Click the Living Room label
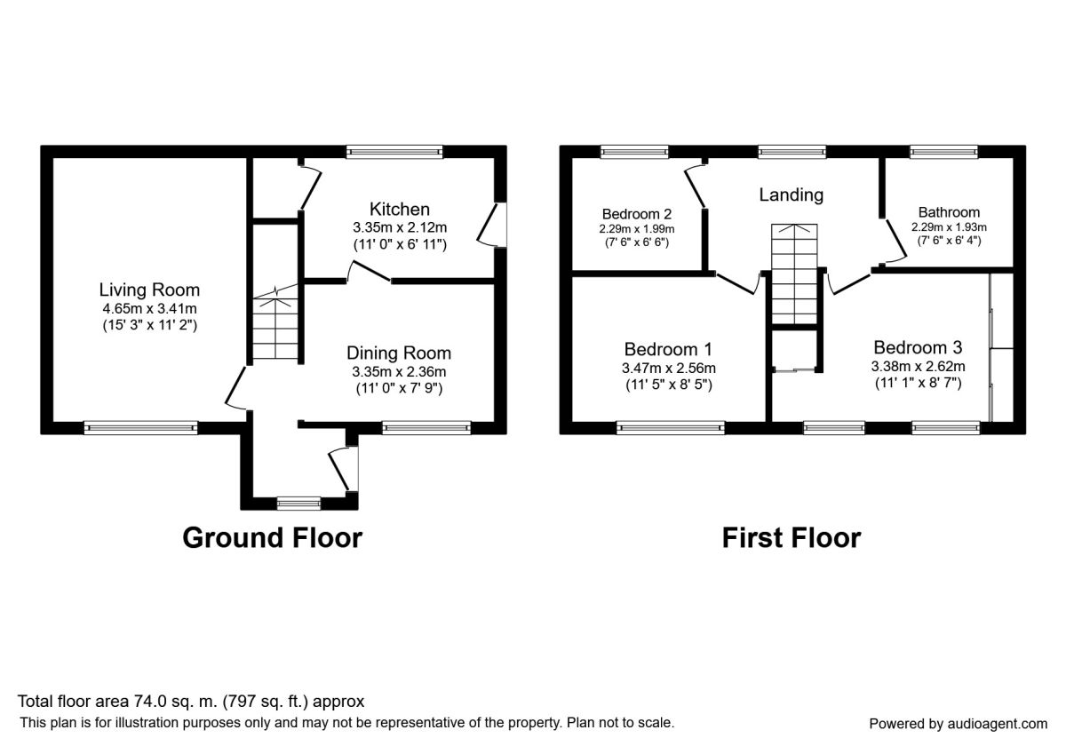149,290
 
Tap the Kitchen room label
400,210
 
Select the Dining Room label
399,353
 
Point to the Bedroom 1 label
668,349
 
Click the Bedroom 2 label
636,214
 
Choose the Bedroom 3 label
918,347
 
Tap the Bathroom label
949,212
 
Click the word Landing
791,194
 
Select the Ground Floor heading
272,537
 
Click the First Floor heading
791,537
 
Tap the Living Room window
140,428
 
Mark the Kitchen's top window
394,152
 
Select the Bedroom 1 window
671,428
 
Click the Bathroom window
943,152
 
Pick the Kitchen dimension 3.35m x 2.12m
400,227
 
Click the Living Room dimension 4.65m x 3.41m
149,308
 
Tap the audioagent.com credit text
958,723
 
